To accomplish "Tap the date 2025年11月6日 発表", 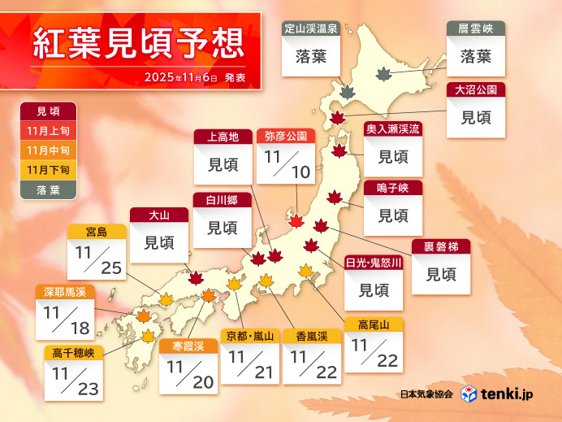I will click(194, 77).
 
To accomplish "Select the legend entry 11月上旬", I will click(48, 130).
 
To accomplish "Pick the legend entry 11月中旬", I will click(48, 150).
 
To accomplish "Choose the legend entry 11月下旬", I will click(48, 169).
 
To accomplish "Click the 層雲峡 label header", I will click(475, 28).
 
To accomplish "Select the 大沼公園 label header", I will click(476, 89).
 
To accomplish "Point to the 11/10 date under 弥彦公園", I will click(284, 163).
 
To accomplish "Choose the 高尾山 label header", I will click(373, 324).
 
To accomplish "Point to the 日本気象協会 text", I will click(426, 394).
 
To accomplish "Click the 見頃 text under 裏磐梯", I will click(441, 274).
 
